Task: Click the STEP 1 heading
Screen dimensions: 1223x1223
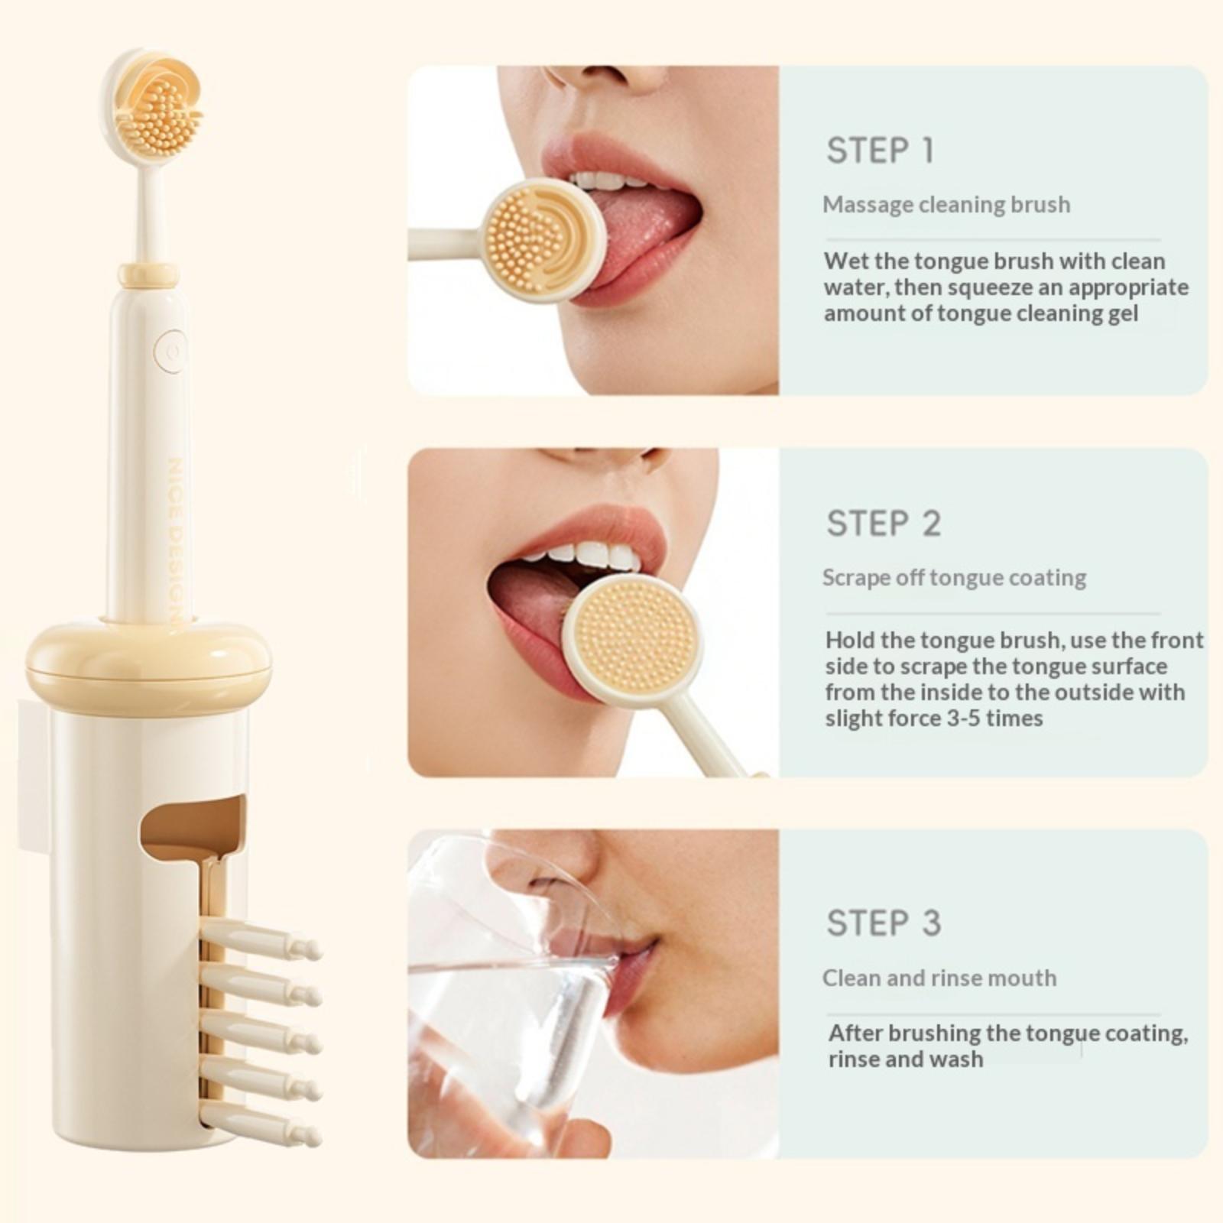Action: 880,151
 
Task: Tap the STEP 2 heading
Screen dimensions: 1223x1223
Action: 884,524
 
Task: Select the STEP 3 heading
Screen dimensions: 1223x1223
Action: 884,923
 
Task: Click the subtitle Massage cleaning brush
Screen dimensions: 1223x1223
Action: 946,205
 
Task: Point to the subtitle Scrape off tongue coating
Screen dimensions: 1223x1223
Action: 954,578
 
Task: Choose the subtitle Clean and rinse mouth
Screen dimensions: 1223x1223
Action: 939,978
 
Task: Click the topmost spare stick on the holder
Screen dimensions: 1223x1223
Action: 260,940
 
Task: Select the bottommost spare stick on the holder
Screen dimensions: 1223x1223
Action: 260,1124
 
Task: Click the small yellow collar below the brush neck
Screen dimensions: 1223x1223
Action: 148,275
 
